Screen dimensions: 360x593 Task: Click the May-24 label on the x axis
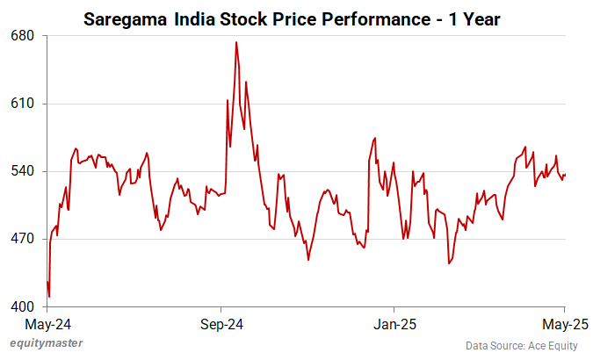47,325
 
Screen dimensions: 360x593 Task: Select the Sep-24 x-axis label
221,325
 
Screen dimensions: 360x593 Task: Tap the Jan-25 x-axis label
394,325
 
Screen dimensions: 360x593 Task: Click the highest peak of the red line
236,42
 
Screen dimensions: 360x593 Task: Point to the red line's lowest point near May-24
49,297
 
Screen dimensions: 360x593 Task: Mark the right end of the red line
566,175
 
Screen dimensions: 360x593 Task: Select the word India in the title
190,17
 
